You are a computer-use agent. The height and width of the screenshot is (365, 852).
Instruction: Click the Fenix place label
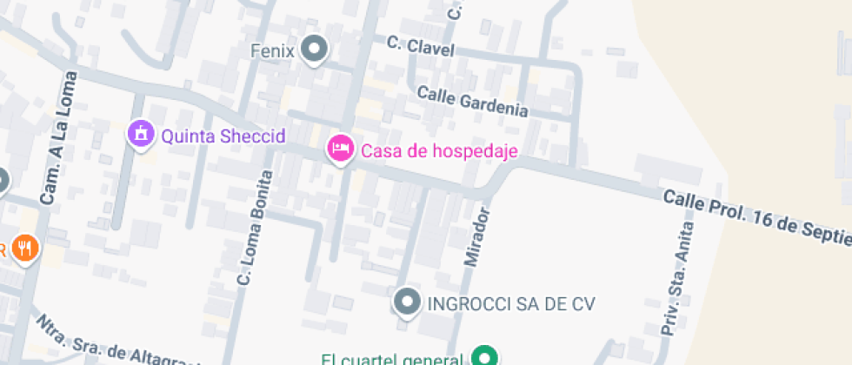tap(272, 50)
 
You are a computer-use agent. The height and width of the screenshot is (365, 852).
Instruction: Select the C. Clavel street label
tap(421, 46)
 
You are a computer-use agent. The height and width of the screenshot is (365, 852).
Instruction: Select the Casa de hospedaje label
tap(439, 151)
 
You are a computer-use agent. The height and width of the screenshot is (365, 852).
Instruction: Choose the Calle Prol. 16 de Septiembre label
tap(755, 217)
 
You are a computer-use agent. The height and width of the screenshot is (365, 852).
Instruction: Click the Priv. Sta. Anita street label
tap(678, 279)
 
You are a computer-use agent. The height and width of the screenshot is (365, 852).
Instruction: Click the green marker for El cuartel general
tap(483, 356)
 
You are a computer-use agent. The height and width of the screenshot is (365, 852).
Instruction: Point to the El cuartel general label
tap(389, 359)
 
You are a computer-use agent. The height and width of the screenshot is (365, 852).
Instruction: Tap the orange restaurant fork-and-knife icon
tap(26, 248)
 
